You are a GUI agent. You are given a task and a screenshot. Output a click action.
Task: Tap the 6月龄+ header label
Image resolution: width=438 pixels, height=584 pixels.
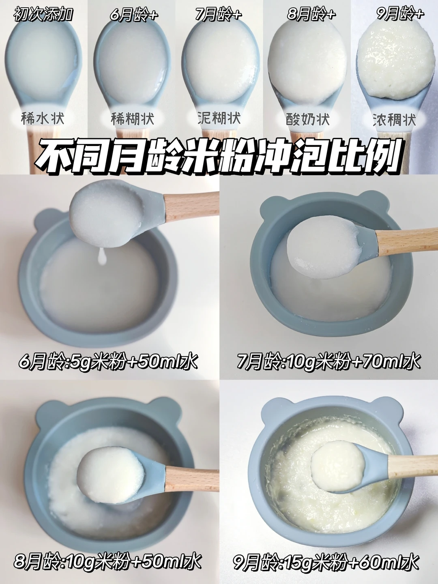tap(134, 15)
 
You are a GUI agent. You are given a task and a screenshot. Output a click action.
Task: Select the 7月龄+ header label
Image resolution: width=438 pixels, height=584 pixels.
tap(218, 14)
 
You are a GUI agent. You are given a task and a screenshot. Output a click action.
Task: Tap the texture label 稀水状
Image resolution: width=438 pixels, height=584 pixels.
tap(43, 118)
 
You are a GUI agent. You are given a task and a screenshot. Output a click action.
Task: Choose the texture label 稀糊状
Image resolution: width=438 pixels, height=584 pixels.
tap(132, 119)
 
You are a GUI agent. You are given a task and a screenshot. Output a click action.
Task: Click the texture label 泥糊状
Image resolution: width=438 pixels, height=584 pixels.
tap(219, 118)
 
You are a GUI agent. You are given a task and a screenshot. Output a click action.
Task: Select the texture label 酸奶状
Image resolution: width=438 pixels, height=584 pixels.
tap(308, 119)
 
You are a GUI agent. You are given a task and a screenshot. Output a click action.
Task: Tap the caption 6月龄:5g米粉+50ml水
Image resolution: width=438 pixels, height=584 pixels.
tap(108, 361)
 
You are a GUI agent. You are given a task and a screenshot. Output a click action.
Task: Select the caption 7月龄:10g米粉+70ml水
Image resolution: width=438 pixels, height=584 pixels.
tap(328, 361)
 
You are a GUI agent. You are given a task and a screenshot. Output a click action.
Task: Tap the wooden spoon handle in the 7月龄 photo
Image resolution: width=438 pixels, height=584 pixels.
tap(407, 243)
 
